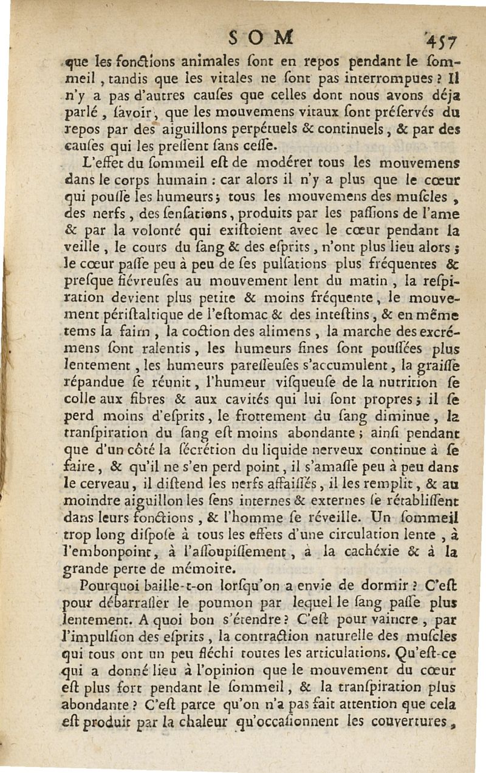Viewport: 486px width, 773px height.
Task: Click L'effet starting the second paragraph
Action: coord(104,163)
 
